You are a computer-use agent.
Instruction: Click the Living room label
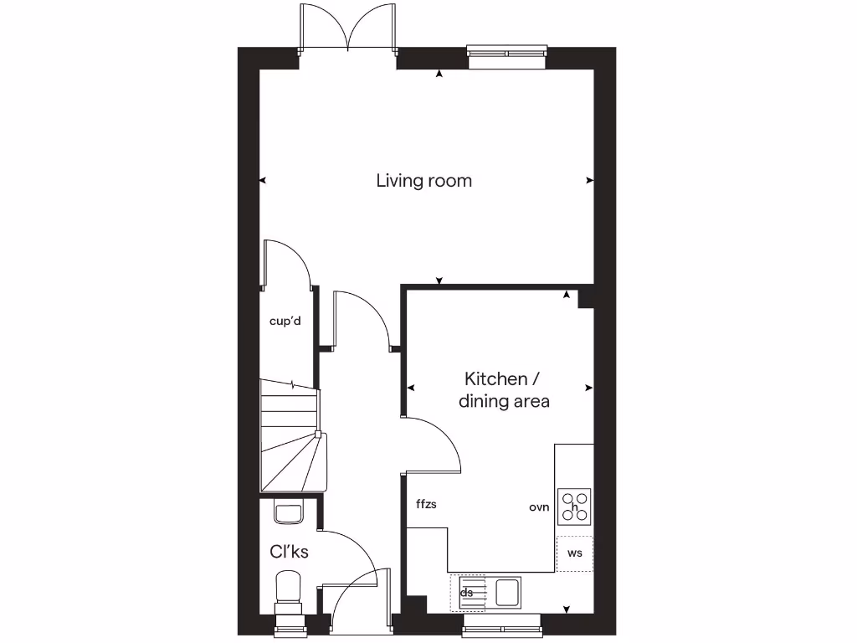pos(423,181)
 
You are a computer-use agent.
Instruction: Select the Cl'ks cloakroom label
pos(289,552)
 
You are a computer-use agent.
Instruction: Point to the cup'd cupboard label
pos(285,321)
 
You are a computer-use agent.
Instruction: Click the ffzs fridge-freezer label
pos(426,504)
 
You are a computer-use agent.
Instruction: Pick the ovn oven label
pos(538,507)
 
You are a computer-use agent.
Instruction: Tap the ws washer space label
pos(574,553)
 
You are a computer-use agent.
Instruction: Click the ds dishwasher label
pos(467,593)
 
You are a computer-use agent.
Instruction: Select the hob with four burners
pos(574,507)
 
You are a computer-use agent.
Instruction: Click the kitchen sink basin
pos(507,592)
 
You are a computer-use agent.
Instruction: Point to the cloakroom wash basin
pos(288,512)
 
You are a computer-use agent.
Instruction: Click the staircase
pos(290,435)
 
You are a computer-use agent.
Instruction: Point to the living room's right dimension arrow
pos(589,180)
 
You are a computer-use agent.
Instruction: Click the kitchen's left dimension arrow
pos(410,388)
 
